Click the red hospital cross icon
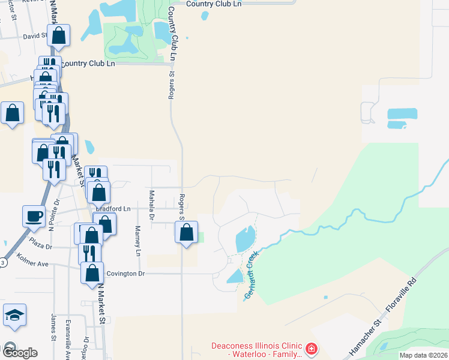(311, 348)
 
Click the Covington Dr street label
(125, 273)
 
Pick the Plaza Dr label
(41, 246)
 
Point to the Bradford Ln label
(114, 208)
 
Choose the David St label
(35, 36)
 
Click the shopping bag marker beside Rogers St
(186, 232)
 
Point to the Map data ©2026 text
(423, 355)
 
